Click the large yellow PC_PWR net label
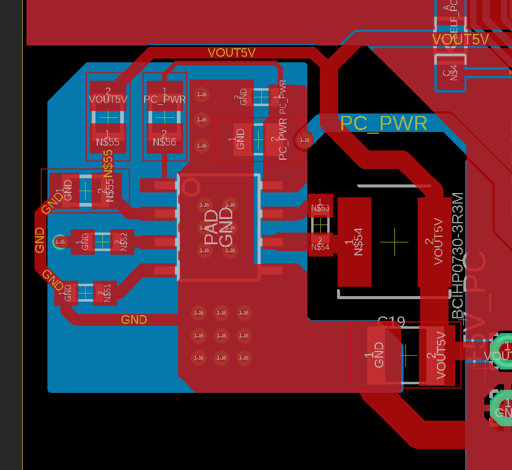tap(383, 123)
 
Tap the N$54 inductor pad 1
tap(354, 242)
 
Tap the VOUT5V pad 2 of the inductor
tap(437, 242)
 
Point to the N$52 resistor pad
tap(122, 242)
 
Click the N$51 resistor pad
tap(106, 292)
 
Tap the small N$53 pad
tap(320, 208)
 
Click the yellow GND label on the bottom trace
tap(134, 320)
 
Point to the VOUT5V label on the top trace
tap(231, 52)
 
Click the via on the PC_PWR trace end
tap(304, 140)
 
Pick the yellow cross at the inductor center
tap(394, 241)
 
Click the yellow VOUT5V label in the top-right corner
tap(460, 39)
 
